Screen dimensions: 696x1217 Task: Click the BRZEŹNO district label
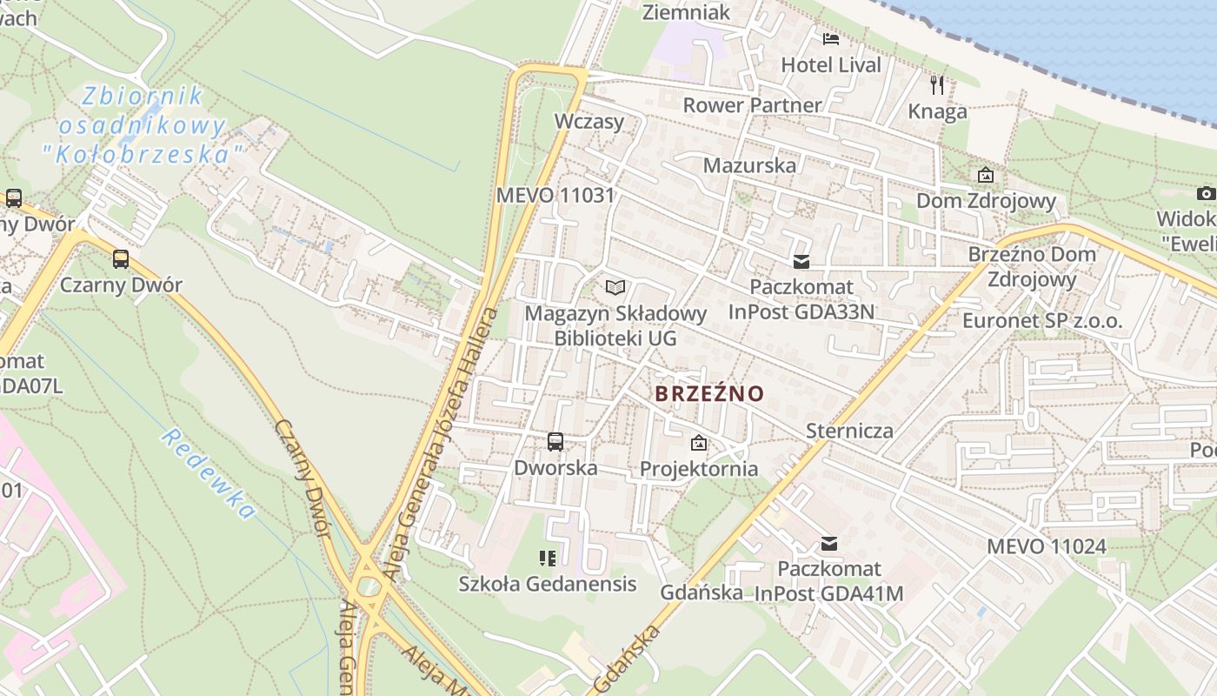(709, 393)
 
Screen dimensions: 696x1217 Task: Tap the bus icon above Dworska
(555, 442)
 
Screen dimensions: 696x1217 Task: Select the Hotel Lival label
(831, 64)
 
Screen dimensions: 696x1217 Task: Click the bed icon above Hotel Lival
(831, 38)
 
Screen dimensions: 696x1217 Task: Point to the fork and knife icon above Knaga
(937, 85)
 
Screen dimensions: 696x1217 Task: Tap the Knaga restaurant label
(937, 111)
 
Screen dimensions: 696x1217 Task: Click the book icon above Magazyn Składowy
(615, 287)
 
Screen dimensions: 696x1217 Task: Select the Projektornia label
(699, 469)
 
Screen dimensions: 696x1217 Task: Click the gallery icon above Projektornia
(698, 444)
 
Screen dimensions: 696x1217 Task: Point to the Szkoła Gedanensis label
(548, 584)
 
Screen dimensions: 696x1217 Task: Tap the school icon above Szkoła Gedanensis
(547, 558)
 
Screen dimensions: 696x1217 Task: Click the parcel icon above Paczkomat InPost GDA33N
(801, 261)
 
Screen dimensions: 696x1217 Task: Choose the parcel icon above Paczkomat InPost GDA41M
(829, 544)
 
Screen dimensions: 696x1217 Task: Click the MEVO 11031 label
(555, 195)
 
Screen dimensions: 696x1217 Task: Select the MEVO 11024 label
(1047, 546)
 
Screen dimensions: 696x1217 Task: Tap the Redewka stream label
(208, 474)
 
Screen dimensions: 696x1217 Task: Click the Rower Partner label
(752, 105)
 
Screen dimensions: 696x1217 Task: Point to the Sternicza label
(849, 431)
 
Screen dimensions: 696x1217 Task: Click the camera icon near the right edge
(1206, 193)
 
